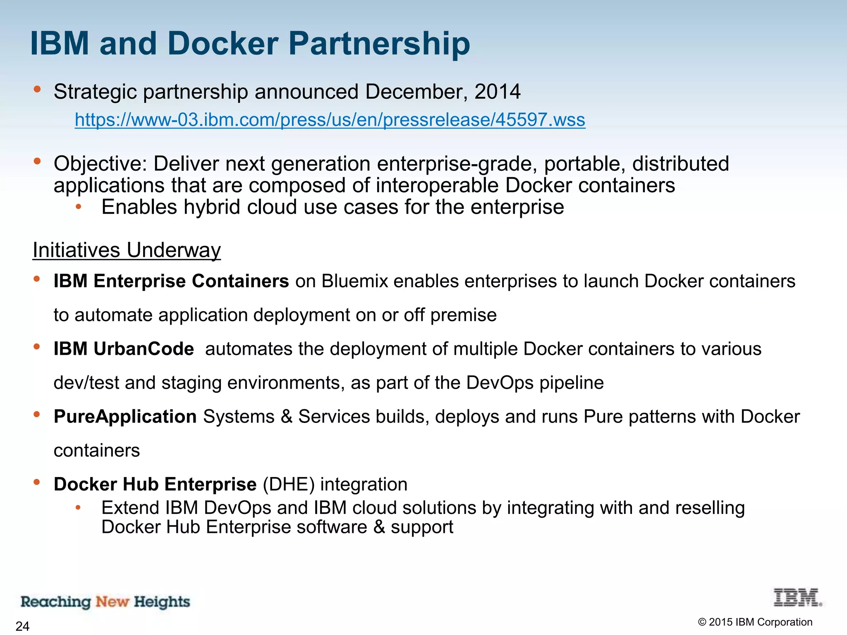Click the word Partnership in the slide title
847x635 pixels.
coord(379,44)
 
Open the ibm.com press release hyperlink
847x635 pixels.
coord(330,120)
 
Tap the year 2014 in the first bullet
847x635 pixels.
coord(497,91)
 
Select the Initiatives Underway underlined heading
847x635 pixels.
coord(127,250)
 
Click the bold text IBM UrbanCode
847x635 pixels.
coord(124,349)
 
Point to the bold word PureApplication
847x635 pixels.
coord(125,417)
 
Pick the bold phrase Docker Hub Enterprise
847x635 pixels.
coord(155,485)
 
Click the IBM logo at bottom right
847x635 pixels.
coord(797,598)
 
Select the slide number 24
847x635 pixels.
coord(22,626)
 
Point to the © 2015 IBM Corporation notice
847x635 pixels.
coord(755,622)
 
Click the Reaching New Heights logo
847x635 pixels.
coord(105,602)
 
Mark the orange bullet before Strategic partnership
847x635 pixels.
coord(37,89)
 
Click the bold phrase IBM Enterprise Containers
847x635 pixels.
coord(171,282)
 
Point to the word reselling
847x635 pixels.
coord(710,508)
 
